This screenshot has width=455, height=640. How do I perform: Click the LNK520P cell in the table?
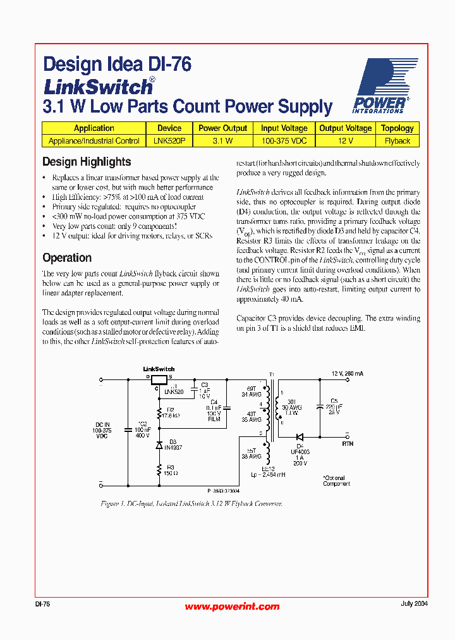coord(169,141)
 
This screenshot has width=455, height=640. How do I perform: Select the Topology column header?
coord(397,128)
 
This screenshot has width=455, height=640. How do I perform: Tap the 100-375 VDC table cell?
coord(284,141)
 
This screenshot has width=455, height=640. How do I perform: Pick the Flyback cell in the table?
coord(397,141)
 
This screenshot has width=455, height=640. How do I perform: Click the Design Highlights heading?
coord(87,162)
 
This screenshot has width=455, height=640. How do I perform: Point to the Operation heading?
coord(67,258)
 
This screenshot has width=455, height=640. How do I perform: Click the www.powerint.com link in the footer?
coord(232,606)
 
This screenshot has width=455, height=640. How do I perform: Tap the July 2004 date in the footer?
coord(414,604)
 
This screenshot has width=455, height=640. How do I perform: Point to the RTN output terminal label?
coord(348,444)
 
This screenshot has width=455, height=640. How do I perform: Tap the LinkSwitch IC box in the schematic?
coord(158,379)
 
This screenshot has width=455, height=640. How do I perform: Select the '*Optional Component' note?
coord(336,481)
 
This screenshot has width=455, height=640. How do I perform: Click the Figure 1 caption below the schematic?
coord(191,504)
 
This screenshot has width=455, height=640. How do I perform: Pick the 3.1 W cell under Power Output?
coord(222,141)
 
